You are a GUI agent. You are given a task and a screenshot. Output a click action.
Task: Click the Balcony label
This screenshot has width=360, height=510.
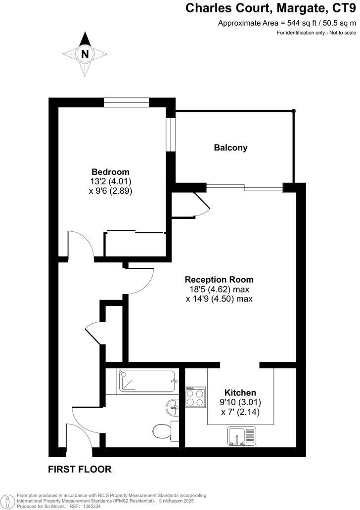point(230,148)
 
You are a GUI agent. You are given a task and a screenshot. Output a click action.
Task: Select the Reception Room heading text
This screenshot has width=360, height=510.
point(219,279)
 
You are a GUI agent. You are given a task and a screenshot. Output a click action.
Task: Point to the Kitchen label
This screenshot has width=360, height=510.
point(240,392)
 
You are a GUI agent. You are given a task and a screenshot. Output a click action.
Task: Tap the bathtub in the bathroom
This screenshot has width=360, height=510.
point(147,382)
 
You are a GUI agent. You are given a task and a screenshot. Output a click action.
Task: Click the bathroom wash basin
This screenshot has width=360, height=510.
point(172,407)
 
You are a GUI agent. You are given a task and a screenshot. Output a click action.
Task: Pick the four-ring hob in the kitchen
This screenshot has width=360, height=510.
point(196,397)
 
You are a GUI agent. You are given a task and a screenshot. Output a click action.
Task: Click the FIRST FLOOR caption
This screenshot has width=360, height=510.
point(80,469)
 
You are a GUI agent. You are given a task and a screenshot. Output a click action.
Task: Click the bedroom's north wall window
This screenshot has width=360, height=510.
point(127,102)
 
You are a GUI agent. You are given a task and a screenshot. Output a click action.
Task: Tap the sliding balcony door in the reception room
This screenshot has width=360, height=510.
point(244,186)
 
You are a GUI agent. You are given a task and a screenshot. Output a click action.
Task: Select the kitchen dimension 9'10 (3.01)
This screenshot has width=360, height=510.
point(240,402)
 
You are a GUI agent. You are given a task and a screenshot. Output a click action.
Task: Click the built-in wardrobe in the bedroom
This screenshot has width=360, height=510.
point(135,244)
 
